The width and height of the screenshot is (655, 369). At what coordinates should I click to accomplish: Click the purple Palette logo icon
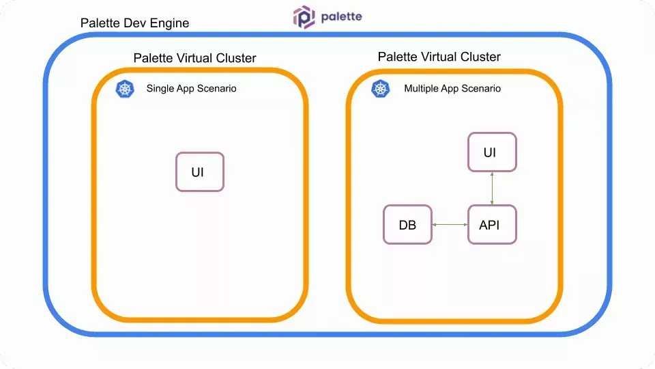point(304,17)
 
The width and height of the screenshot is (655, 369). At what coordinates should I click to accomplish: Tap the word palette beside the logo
point(341,17)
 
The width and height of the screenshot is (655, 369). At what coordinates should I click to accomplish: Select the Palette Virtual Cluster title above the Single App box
point(194,58)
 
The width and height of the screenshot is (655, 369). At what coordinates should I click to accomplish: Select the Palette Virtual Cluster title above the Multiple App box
point(439,57)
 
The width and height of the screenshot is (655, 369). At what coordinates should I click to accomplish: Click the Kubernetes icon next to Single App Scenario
point(124,89)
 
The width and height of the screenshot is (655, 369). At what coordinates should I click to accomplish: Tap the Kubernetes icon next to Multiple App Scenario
point(381,89)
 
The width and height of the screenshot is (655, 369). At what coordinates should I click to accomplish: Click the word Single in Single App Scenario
point(160,89)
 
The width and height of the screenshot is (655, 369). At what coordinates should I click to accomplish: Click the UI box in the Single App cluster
point(199,172)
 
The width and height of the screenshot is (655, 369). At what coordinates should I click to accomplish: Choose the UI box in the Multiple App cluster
point(491,152)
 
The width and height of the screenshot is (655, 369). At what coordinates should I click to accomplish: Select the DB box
point(407,225)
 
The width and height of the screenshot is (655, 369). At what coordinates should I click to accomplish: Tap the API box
point(491,225)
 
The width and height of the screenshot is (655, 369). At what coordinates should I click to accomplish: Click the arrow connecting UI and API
point(492,188)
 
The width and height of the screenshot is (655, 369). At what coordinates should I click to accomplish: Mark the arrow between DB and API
point(450,225)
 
